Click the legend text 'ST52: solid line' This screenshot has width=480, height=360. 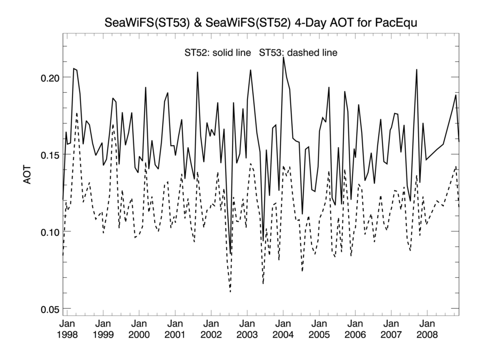[218, 53]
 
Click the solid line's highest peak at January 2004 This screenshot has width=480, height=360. [283, 57]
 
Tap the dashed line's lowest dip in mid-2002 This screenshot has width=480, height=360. [230, 292]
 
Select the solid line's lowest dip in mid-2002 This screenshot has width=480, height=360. [231, 254]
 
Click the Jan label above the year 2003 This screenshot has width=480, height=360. [247, 324]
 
